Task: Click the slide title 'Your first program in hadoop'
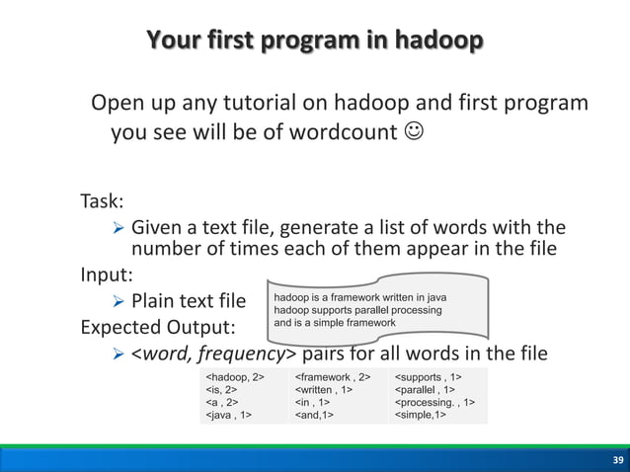pyautogui.click(x=315, y=40)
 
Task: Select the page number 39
pyautogui.click(x=618, y=461)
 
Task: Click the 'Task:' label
pyautogui.click(x=102, y=202)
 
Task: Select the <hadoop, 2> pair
pyautogui.click(x=234, y=377)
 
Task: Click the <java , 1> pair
pyautogui.click(x=227, y=416)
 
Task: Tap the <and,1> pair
pyautogui.click(x=314, y=416)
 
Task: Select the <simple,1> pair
pyautogui.click(x=421, y=416)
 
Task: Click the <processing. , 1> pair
pyautogui.click(x=434, y=403)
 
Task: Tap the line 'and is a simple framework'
pyautogui.click(x=334, y=323)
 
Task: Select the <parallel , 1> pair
pyautogui.click(x=425, y=390)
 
